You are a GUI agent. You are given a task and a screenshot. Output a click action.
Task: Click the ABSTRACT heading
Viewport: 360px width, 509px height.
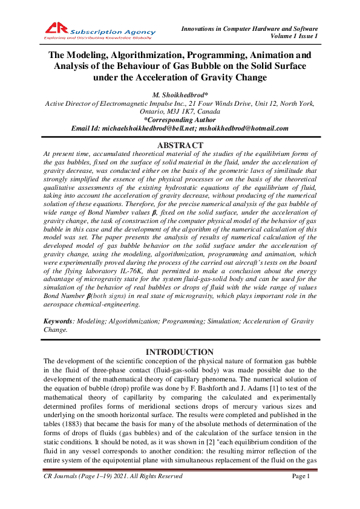[x=180, y=146]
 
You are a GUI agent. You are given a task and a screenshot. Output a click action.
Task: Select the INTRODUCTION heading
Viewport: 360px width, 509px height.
[x=180, y=352]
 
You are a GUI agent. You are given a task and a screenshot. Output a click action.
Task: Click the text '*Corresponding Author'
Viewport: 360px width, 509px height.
[x=180, y=120]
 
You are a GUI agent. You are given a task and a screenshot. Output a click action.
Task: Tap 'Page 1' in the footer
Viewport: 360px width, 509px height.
[x=301, y=493]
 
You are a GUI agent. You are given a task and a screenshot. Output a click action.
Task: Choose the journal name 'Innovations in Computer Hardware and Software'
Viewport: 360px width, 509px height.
[x=250, y=28]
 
